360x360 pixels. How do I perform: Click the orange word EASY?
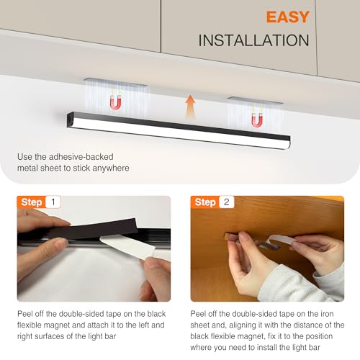(x=287, y=17)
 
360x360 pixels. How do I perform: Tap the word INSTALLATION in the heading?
(x=253, y=40)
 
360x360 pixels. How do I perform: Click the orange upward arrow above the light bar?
(x=190, y=107)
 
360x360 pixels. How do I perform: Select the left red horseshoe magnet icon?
(x=115, y=102)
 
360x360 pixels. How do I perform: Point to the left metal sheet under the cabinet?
(x=115, y=82)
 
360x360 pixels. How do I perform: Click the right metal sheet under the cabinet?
(x=255, y=100)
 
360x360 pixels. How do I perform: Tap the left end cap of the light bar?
(x=71, y=120)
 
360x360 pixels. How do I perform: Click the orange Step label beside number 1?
(x=32, y=202)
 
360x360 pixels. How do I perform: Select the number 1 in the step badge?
(x=53, y=202)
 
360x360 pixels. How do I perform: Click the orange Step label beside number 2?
(x=205, y=202)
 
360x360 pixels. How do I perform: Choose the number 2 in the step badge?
(x=227, y=202)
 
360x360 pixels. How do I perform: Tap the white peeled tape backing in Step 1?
(x=127, y=246)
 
